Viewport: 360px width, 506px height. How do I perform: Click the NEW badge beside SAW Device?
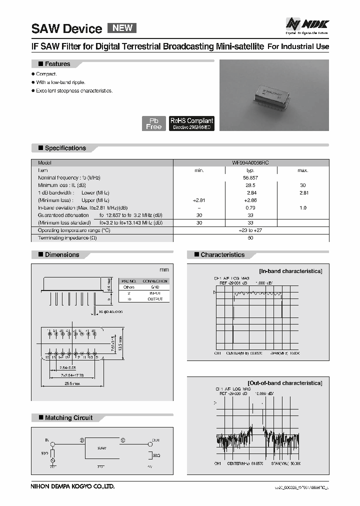coord(122,28)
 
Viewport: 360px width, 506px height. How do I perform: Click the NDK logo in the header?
coord(307,23)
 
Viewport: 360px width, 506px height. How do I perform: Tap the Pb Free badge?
coord(153,123)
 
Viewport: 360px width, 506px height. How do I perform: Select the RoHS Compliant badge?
coord(192,123)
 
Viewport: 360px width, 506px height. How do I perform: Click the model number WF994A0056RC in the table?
coord(250,163)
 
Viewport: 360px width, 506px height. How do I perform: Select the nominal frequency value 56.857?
coord(250,177)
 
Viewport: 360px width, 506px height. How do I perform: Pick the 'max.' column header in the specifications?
coord(303,170)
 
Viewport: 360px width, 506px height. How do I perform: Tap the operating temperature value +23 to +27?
coord(250,230)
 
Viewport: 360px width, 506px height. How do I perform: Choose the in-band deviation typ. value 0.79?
coord(250,207)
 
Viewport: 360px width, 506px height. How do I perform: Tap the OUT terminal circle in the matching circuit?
coord(148,443)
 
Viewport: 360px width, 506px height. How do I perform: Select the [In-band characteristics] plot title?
coord(290,271)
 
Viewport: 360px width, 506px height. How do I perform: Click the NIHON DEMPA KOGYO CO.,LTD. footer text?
coord(73,486)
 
